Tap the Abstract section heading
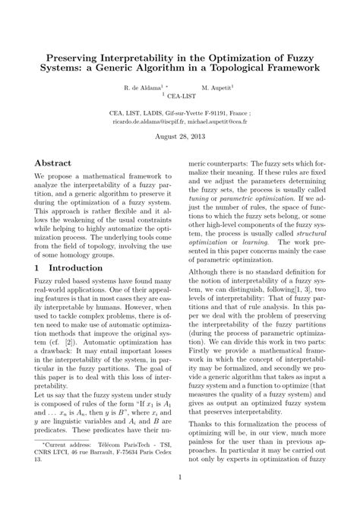[x=53, y=163]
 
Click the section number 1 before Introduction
[x=38, y=268]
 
